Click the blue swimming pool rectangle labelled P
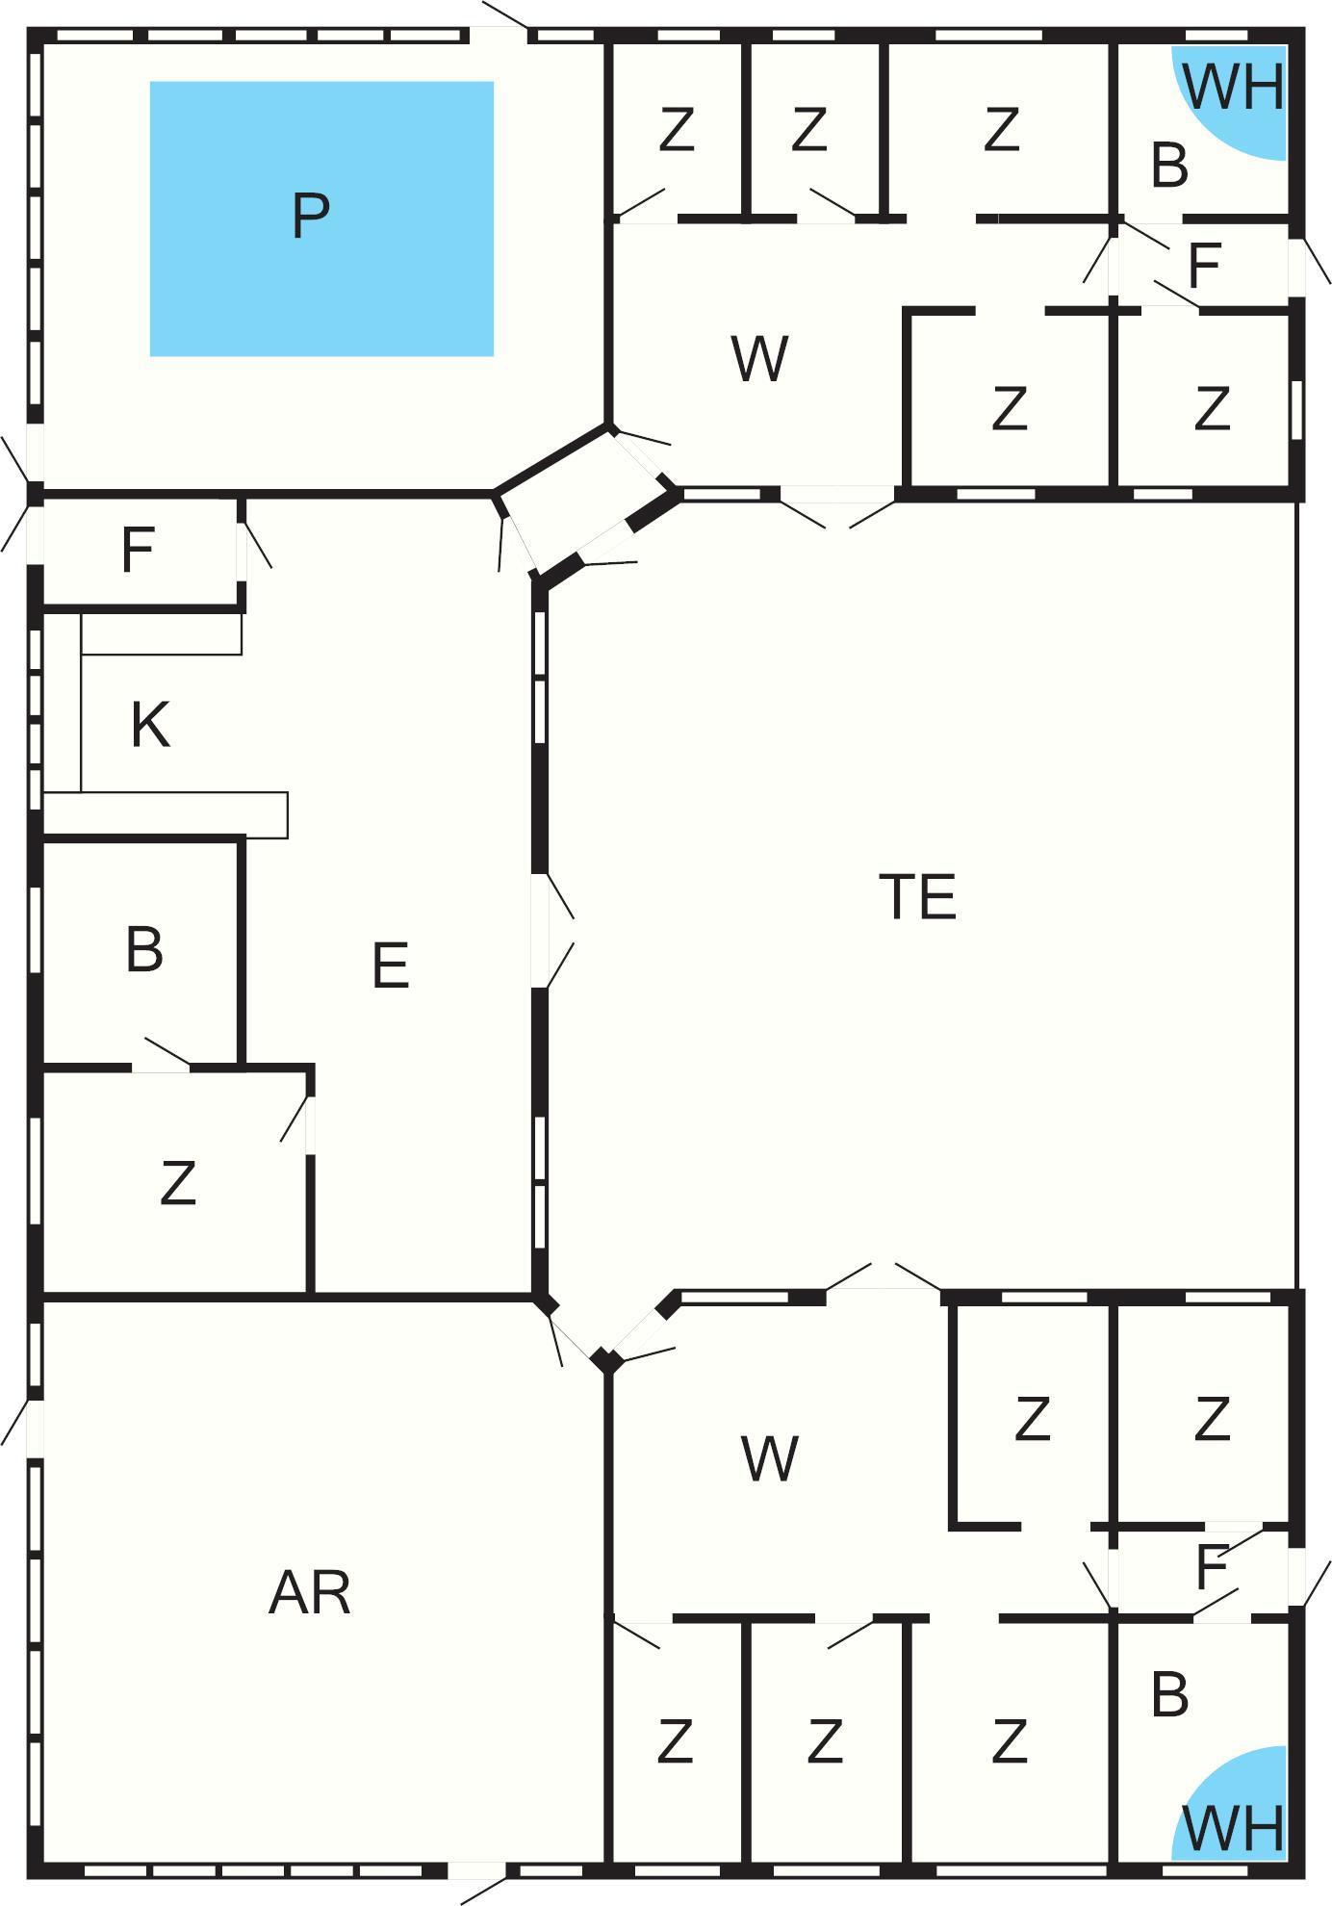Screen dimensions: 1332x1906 pyautogui.click(x=321, y=219)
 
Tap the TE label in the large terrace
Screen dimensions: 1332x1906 pyautogui.click(x=917, y=896)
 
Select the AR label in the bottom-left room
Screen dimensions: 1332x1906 pyautogui.click(x=310, y=1592)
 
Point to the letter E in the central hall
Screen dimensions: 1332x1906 pyautogui.click(x=390, y=966)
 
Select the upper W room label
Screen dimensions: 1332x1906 pyautogui.click(x=760, y=358)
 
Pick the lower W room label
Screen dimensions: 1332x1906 pyautogui.click(x=770, y=1458)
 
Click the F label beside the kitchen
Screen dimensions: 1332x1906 pyautogui.click(x=138, y=550)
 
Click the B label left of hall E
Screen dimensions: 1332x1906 pyautogui.click(x=144, y=949)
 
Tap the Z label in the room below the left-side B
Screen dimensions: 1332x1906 pyautogui.click(x=178, y=1182)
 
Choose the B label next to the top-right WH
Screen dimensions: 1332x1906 pyautogui.click(x=1169, y=165)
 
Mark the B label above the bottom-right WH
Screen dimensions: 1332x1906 pyautogui.click(x=1169, y=1694)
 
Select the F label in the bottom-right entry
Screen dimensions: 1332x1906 pyautogui.click(x=1211, y=1567)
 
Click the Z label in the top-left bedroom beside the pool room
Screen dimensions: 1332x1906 pyautogui.click(x=677, y=129)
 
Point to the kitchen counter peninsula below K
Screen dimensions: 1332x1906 pyautogui.click(x=166, y=814)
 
